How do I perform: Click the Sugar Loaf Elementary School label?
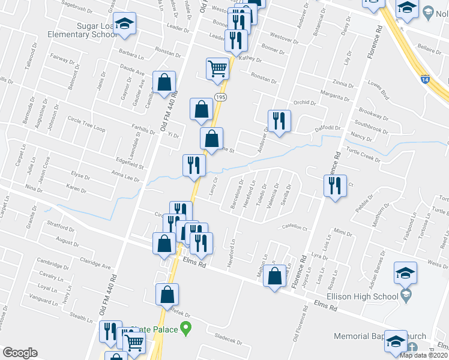point(96,30)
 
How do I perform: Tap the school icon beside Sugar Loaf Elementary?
point(125,25)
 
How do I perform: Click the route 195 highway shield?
point(220,97)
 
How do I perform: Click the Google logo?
point(20,353)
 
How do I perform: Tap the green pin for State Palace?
point(185,328)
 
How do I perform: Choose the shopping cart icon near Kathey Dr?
point(217,68)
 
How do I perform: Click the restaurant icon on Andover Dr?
point(279,121)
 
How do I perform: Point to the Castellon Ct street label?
point(295,228)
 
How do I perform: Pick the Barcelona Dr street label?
point(237,194)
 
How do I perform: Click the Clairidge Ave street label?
point(95,263)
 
